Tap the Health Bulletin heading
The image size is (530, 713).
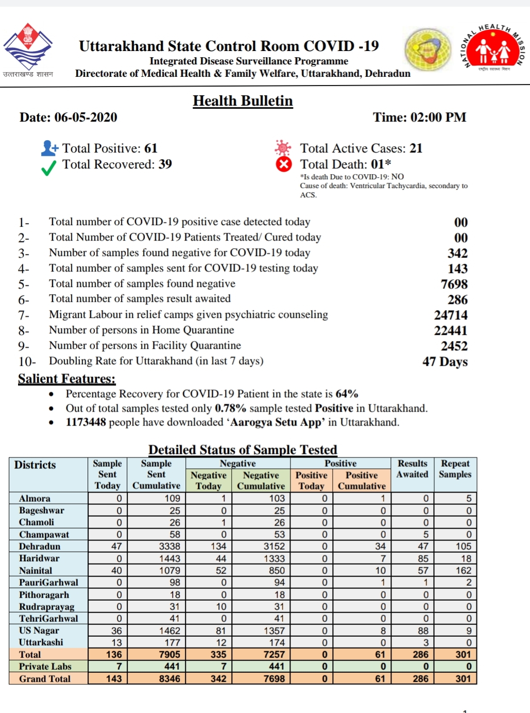[243, 101]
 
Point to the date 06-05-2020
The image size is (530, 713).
[86, 117]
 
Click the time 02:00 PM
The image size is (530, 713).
[438, 117]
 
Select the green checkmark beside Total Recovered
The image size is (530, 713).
[49, 167]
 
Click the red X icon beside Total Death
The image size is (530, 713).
[283, 165]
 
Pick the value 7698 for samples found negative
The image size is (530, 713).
[454, 284]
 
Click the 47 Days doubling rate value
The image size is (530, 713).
[444, 362]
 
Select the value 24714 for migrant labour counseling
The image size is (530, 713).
[451, 315]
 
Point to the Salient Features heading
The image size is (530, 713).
[66, 379]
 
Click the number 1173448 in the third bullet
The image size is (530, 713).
[86, 422]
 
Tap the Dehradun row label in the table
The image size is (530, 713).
[40, 547]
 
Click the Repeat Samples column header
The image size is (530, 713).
[455, 469]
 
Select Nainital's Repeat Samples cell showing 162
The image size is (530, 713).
[463, 570]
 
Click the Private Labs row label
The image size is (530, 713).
[45, 667]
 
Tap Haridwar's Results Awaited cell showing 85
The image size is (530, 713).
[423, 558]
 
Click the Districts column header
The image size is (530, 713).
[35, 465]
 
